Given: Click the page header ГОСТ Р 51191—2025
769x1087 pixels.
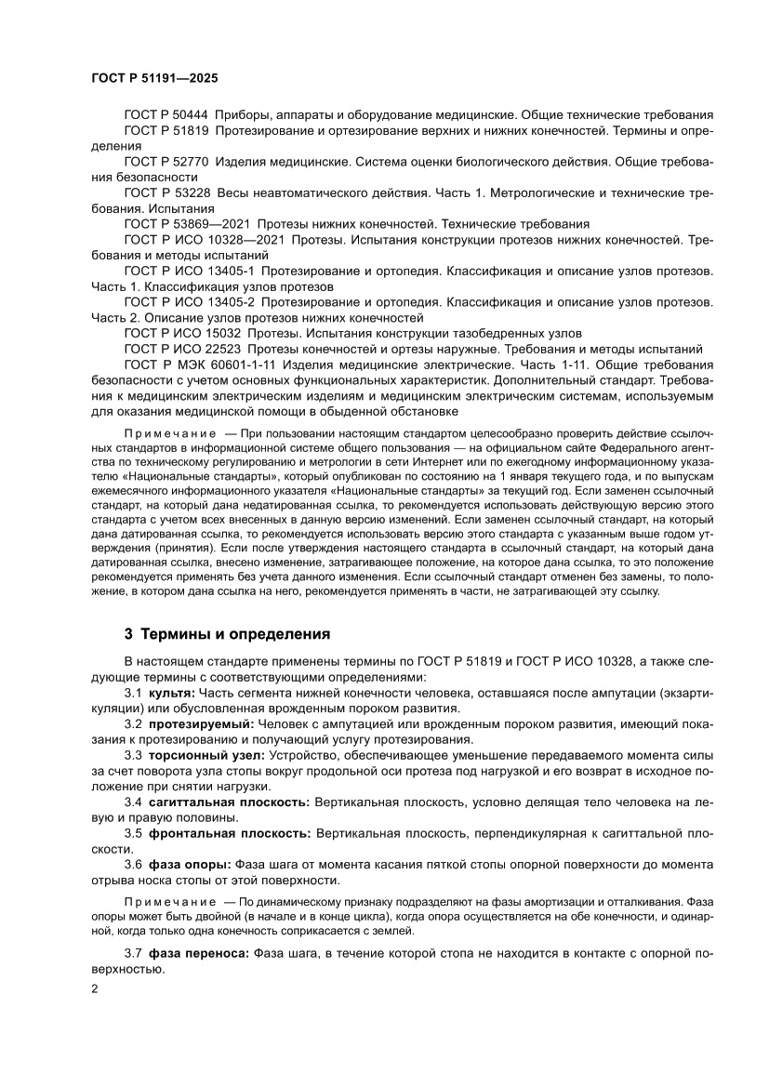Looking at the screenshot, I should (154, 80).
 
